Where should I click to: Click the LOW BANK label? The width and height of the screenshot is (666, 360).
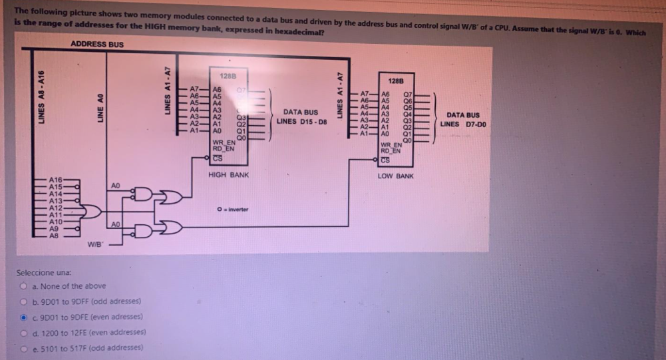click(x=396, y=176)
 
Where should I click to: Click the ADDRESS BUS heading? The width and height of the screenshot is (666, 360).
click(x=96, y=45)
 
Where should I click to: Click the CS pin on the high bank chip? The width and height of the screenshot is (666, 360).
click(x=218, y=157)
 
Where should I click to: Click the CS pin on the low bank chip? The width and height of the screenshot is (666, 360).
click(x=385, y=158)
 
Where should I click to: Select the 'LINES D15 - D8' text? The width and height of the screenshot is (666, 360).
click(x=302, y=121)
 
